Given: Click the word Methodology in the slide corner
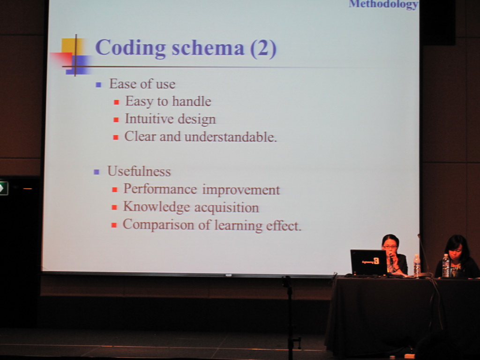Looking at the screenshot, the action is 383,4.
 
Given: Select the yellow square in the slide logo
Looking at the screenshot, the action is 72,46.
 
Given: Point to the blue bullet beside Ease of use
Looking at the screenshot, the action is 98,85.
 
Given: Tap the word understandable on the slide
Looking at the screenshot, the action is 231,136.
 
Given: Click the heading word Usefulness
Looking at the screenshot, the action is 139,171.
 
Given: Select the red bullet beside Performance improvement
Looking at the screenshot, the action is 115,190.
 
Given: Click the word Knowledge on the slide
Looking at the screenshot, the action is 157,207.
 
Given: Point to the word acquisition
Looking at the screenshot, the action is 226,208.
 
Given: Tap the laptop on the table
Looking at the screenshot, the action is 368,262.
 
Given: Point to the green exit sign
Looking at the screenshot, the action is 4,188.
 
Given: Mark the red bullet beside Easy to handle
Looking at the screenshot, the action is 116,102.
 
